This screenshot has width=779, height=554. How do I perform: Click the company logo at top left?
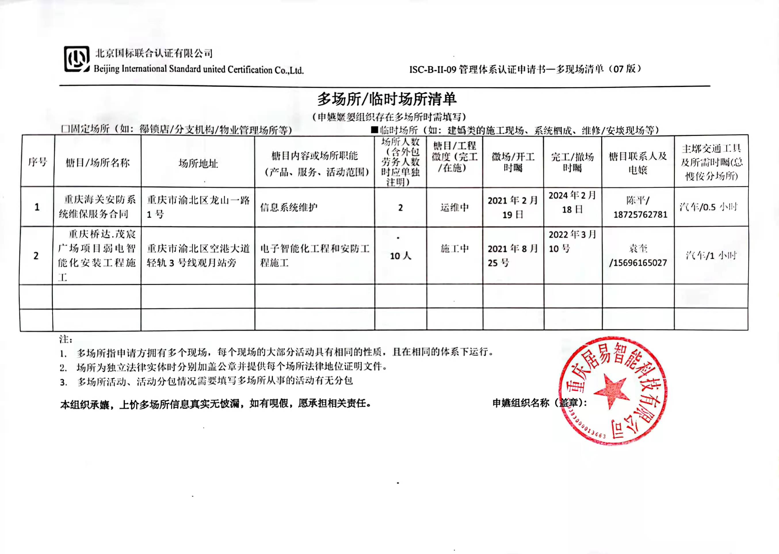[77, 59]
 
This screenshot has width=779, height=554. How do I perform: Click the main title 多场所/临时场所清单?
[387, 99]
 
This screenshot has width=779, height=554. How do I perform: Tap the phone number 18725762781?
[640, 215]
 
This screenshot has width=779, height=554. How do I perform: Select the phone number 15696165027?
[638, 263]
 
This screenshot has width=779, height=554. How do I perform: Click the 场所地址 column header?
[198, 163]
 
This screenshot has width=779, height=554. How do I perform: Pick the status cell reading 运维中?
[455, 207]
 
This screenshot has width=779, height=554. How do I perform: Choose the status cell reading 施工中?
[455, 249]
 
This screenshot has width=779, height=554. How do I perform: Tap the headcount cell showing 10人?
[400, 256]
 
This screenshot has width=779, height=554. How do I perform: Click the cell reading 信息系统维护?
[289, 207]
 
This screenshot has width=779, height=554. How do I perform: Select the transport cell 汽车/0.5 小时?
[709, 207]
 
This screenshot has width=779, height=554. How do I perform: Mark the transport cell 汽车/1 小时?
[711, 255]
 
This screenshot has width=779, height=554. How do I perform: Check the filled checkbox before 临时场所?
[375, 130]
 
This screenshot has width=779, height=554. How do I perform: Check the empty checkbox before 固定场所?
[65, 129]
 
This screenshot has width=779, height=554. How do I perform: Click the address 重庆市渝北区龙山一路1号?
[198, 207]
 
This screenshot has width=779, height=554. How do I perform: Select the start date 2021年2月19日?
[513, 207]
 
